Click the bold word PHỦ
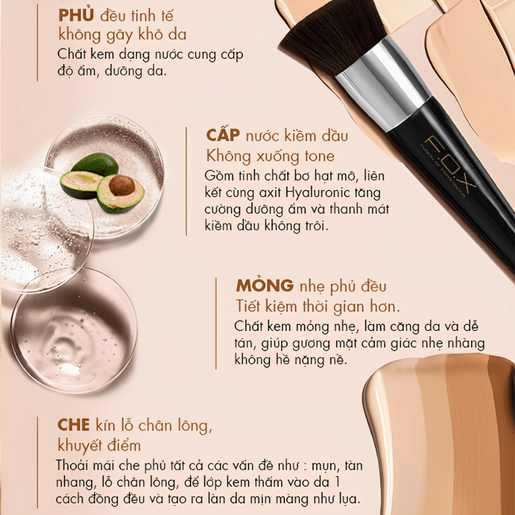click(76, 15)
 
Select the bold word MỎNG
click(265, 286)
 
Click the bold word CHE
click(73, 425)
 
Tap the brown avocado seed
click(122, 186)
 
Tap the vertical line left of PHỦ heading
click(38, 42)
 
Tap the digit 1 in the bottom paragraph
click(337, 482)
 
